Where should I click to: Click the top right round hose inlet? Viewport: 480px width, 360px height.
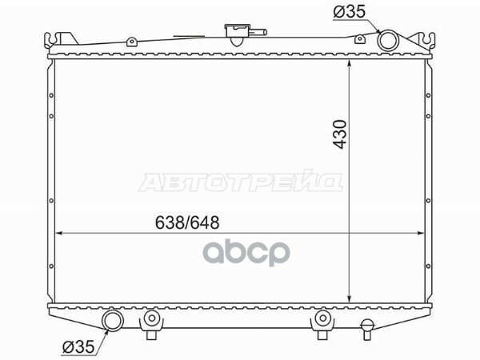(388, 40)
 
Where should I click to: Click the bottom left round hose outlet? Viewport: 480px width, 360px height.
(112, 322)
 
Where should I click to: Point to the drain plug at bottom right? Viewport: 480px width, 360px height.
(367, 326)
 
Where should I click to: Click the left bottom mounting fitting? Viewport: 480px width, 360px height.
(150, 322)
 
